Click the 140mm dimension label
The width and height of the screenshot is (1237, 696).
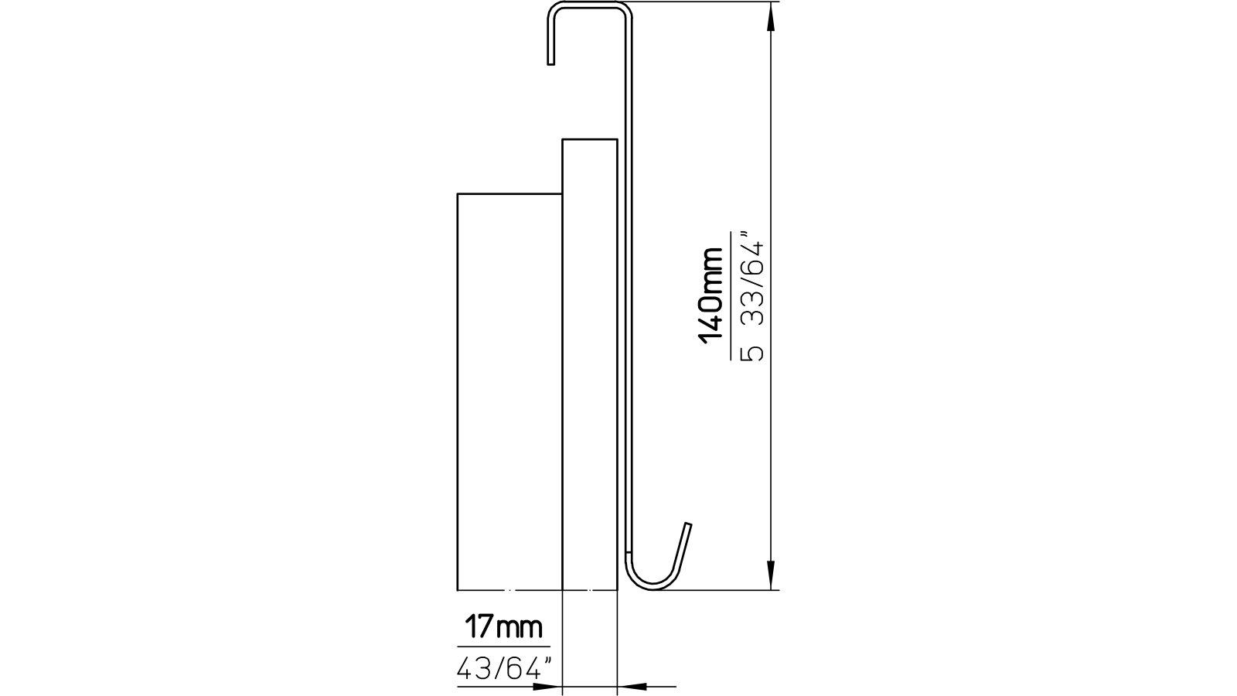711,294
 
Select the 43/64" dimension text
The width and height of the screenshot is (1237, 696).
506,667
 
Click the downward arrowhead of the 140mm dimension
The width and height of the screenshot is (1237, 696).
770,576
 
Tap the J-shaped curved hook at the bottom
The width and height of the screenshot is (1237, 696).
649,576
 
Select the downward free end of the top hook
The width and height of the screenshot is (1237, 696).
550,59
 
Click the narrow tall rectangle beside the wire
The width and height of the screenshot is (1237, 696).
589,363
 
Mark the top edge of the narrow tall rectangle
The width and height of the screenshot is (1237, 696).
589,139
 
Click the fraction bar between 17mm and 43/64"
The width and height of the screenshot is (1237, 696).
503,647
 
